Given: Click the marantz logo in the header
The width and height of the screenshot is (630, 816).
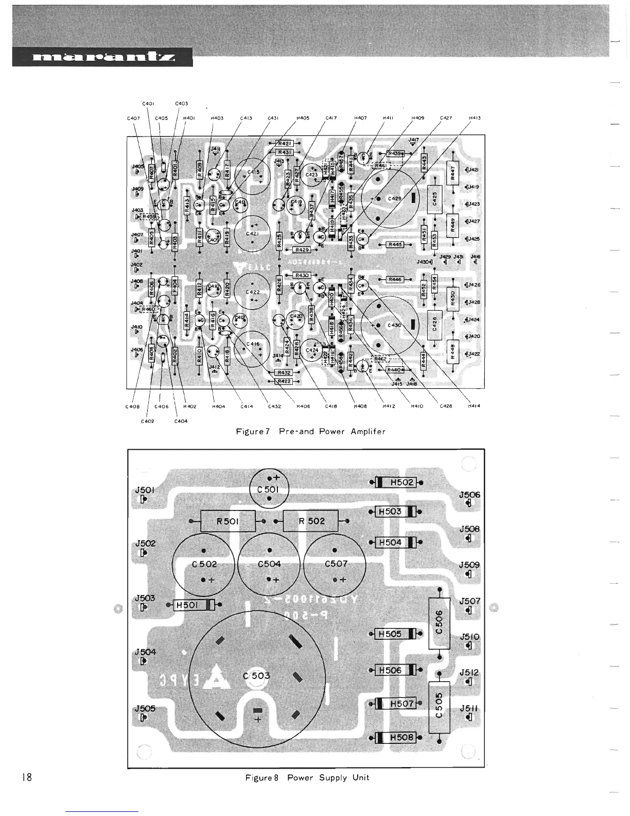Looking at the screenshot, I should point(102,57).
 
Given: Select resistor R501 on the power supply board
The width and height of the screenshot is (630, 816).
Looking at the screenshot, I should point(227,521).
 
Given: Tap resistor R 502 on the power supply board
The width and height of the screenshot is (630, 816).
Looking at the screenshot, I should point(311,521).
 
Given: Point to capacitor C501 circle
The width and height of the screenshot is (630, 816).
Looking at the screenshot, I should point(269,489).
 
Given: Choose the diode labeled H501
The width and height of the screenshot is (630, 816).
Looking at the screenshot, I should point(191,605).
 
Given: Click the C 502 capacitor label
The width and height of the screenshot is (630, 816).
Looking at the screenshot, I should point(204,564).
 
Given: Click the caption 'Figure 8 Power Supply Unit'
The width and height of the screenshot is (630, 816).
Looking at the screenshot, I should point(307,778).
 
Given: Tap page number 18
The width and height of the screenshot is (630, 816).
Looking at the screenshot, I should point(27,777).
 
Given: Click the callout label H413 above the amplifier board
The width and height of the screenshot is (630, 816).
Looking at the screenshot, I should point(474,118).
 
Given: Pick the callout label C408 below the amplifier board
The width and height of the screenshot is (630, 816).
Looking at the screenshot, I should point(132,406).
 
